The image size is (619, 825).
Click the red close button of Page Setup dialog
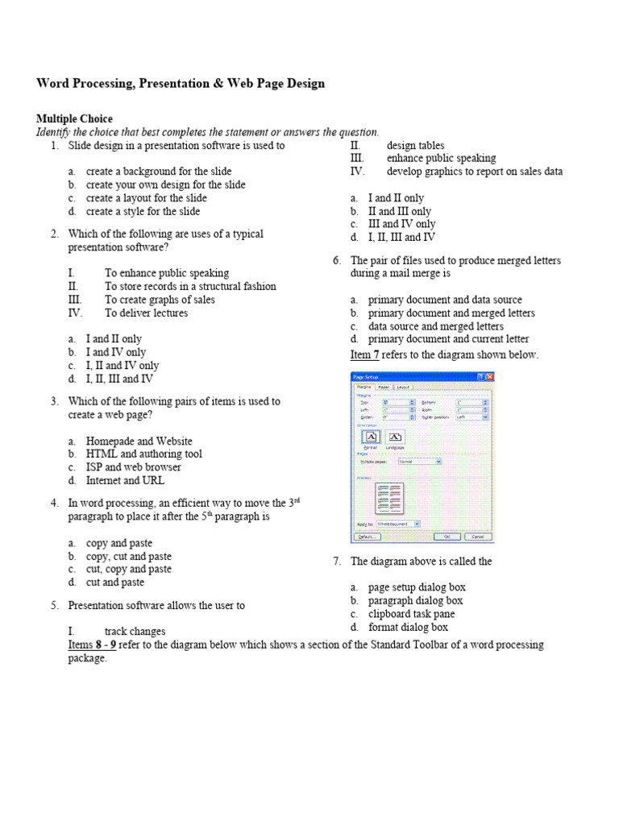489,376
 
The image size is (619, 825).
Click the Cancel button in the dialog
476,536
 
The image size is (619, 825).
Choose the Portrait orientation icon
371,436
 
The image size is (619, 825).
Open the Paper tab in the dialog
384,387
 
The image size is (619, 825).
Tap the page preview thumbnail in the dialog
390,499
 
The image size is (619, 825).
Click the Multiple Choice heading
74,118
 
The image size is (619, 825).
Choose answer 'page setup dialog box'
417,587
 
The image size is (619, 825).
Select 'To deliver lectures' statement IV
146,313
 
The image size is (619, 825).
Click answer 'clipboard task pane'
411,614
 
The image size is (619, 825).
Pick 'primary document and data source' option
445,300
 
